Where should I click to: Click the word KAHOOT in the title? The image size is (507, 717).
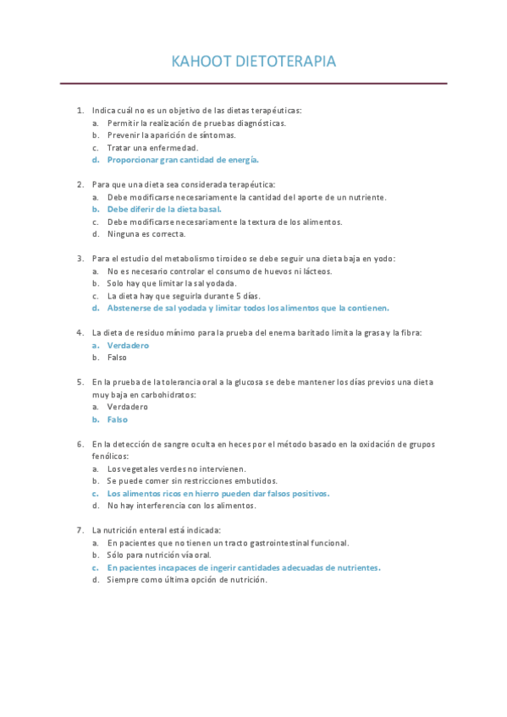tap(199, 62)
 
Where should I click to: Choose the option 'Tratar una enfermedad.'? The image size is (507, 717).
tap(152, 147)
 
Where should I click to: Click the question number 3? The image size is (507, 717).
tap(80, 259)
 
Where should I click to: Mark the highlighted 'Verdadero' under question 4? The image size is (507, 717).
tap(128, 345)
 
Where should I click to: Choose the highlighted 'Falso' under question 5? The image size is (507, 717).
tap(117, 419)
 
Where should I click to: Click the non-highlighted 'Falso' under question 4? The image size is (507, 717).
tap(116, 358)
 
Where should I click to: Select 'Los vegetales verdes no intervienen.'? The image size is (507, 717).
tap(176, 468)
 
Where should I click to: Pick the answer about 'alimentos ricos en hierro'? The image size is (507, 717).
tap(218, 493)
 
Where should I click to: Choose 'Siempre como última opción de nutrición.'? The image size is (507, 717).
tap(186, 580)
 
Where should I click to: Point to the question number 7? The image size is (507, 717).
tap(80, 530)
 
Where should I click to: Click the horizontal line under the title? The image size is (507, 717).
tap(253, 84)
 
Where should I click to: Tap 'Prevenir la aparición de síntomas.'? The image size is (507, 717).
tap(171, 135)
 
